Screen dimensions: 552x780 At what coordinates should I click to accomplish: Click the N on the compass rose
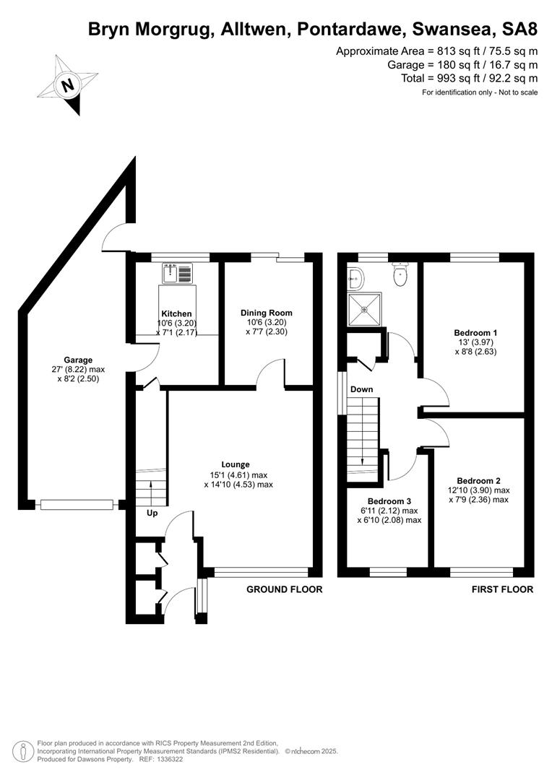[x=68, y=84]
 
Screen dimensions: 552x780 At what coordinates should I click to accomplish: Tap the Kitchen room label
[x=177, y=313]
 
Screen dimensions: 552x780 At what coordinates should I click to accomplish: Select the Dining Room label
[x=267, y=313]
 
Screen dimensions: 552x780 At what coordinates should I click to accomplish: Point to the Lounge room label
[x=236, y=464]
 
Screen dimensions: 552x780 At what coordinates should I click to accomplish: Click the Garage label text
[x=78, y=360]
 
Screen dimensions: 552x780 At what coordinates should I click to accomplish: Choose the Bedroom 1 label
[x=475, y=333]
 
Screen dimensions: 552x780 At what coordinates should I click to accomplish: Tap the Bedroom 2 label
[x=478, y=480]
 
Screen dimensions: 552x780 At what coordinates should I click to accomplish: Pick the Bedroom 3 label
[x=389, y=501]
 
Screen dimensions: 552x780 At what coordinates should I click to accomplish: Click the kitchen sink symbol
[x=177, y=273]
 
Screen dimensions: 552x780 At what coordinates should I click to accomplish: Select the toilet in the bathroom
[x=401, y=274]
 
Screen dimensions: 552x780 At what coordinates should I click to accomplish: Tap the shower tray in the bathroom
[x=365, y=309]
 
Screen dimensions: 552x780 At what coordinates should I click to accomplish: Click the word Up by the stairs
[x=152, y=513]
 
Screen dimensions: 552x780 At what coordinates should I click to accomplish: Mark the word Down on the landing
[x=361, y=389]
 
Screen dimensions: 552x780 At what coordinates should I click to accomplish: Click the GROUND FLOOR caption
[x=285, y=589]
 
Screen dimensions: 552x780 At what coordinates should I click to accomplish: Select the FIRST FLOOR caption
[x=502, y=589]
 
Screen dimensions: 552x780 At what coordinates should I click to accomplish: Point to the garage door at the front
[x=77, y=505]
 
